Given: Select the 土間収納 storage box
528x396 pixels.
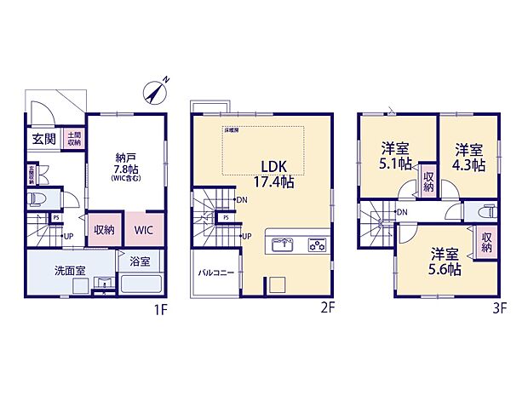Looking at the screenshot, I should (x=73, y=138).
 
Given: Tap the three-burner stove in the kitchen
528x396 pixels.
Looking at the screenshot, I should (x=316, y=245).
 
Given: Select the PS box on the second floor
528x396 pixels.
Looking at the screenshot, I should (x=226, y=217).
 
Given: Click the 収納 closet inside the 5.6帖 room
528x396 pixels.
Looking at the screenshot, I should (x=486, y=242).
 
